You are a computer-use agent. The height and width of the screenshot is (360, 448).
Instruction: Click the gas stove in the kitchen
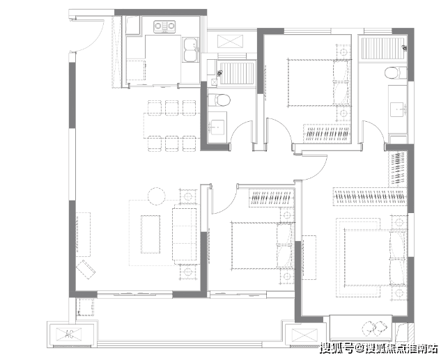click(164, 26)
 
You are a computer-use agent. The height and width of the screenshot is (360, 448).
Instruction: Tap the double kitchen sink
click(191, 50)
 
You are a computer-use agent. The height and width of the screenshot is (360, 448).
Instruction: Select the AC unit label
click(70, 334)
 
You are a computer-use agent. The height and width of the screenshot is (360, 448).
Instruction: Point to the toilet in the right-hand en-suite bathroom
click(396, 73)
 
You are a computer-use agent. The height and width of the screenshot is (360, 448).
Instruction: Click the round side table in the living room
click(157, 196)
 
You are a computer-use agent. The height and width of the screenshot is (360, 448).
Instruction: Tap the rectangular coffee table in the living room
click(150, 234)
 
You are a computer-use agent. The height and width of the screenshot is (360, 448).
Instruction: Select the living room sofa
click(184, 234)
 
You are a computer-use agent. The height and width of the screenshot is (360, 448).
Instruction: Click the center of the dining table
click(172, 125)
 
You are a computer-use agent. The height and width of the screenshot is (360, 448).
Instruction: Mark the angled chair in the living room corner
click(86, 269)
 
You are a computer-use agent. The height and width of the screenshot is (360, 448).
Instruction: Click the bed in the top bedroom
click(319, 83)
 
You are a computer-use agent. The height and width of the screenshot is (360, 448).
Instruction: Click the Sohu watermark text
click(378, 349)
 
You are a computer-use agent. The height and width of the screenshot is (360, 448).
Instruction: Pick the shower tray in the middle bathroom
click(237, 73)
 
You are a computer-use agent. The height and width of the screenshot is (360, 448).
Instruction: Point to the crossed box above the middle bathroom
click(231, 41)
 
